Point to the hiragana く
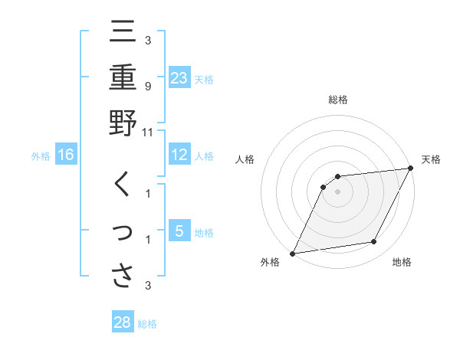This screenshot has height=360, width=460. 122,186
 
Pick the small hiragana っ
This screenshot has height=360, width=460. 123,232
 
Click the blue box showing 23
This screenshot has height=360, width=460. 179,77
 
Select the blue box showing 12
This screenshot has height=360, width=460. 179,155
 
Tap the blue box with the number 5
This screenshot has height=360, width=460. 179,231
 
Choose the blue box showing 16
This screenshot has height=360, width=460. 66,155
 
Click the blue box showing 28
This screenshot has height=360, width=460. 123,322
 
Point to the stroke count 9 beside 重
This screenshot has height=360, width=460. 147,86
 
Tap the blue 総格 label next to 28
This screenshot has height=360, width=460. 147,324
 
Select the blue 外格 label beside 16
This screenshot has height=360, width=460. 41,156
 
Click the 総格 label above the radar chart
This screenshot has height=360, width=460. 337,100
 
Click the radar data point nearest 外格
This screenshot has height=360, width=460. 292,253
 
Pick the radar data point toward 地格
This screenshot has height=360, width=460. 374,242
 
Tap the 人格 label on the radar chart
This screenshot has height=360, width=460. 245,159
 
